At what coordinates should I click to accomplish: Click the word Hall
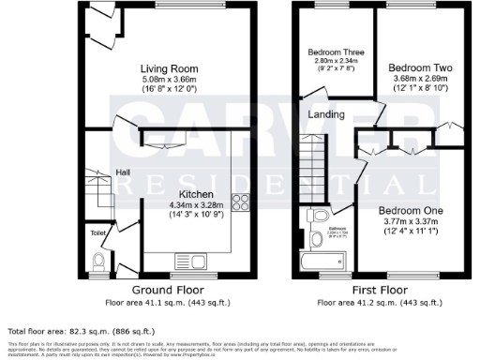(x=123, y=172)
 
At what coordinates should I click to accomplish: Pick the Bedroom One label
(x=409, y=210)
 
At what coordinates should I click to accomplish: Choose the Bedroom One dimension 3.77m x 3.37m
(x=409, y=221)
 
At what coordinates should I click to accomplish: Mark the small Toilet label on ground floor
(x=97, y=231)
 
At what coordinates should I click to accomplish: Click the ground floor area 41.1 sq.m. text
(x=165, y=303)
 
